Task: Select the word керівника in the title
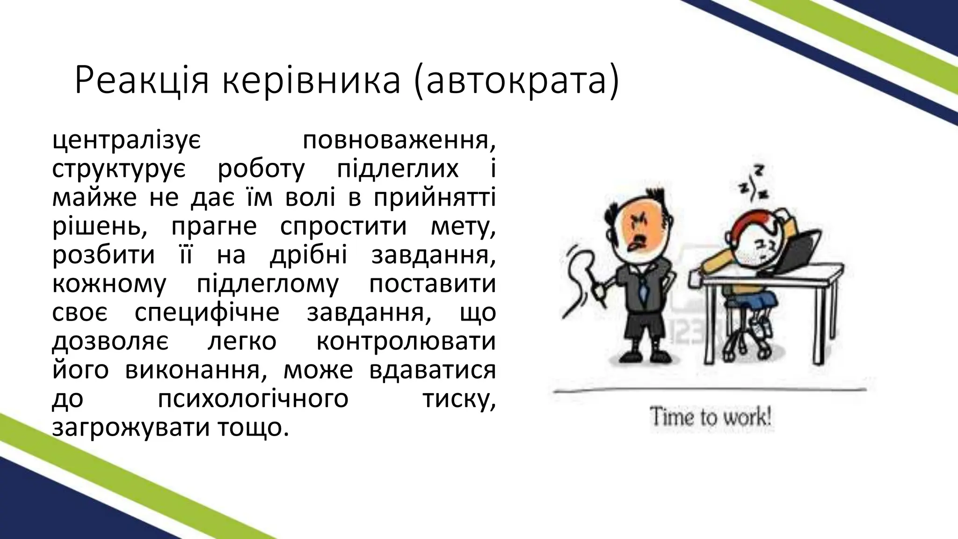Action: point(311,81)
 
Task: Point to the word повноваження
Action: point(399,141)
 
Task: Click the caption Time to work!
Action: point(710,417)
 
